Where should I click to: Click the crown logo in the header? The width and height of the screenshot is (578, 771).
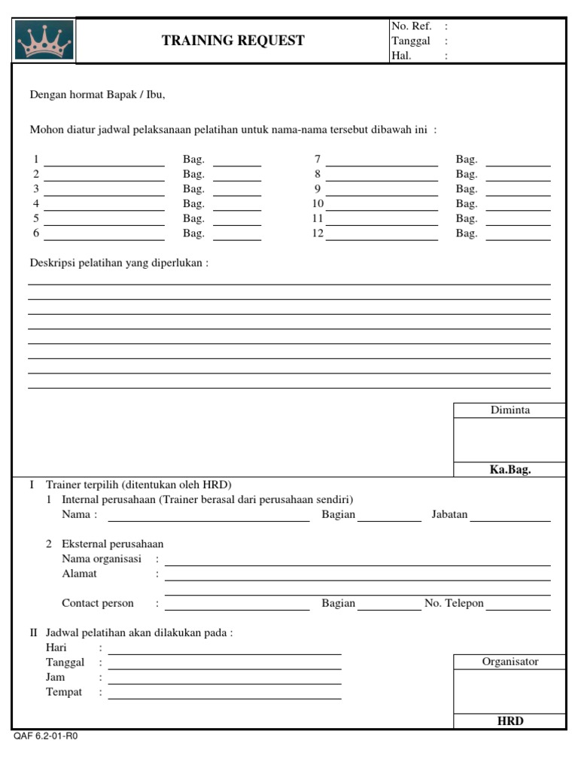(44, 41)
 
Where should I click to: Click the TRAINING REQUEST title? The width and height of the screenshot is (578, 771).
(233, 41)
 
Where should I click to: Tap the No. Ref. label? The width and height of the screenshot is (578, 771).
(411, 26)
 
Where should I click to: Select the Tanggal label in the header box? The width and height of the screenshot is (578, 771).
(410, 41)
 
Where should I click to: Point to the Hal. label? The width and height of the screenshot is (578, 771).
(401, 56)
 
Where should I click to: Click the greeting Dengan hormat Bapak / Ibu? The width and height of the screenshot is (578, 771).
(96, 95)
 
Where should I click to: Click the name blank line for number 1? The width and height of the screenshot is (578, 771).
(104, 164)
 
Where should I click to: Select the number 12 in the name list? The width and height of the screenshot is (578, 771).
(318, 233)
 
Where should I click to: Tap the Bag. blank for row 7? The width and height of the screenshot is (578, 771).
(518, 164)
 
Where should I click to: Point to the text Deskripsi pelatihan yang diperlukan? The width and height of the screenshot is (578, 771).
(119, 263)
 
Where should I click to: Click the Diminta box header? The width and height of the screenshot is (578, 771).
(510, 410)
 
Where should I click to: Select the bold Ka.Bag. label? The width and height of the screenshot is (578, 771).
(510, 470)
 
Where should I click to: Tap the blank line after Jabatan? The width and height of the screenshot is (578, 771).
(510, 520)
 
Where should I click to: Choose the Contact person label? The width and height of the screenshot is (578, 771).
(98, 603)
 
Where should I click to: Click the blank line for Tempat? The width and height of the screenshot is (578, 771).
(224, 697)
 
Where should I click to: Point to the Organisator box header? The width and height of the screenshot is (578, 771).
(510, 662)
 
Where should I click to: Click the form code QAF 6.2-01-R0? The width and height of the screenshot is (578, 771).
(45, 736)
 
